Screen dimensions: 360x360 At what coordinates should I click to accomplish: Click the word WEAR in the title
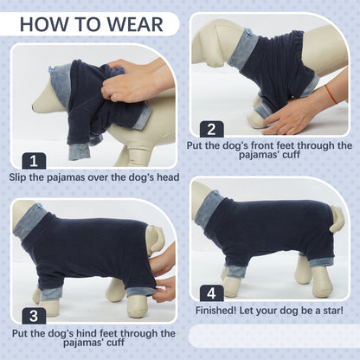[135, 24]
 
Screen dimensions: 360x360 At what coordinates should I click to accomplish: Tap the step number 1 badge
[34, 161]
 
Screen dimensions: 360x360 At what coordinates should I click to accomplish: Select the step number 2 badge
[211, 129]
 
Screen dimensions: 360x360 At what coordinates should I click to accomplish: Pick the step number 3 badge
[34, 316]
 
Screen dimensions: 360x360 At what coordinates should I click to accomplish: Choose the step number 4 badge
[211, 293]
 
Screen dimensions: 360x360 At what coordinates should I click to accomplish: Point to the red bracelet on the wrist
[331, 94]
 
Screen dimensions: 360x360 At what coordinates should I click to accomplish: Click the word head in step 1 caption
[168, 177]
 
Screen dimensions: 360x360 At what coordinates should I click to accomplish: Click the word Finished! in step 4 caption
[216, 311]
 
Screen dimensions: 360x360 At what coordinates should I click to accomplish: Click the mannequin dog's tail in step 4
[337, 219]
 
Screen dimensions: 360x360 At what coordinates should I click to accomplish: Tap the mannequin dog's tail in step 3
[153, 239]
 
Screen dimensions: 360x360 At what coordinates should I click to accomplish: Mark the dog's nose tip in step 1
[35, 108]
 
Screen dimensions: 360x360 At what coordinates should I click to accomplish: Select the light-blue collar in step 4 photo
[210, 210]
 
